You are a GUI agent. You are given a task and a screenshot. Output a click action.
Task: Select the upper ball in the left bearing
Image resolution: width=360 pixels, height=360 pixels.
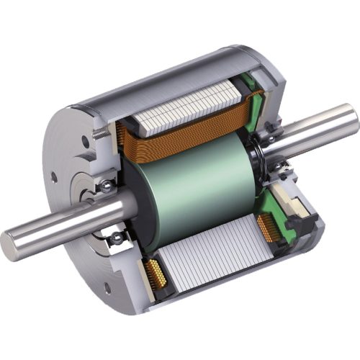click(x=107, y=186)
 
